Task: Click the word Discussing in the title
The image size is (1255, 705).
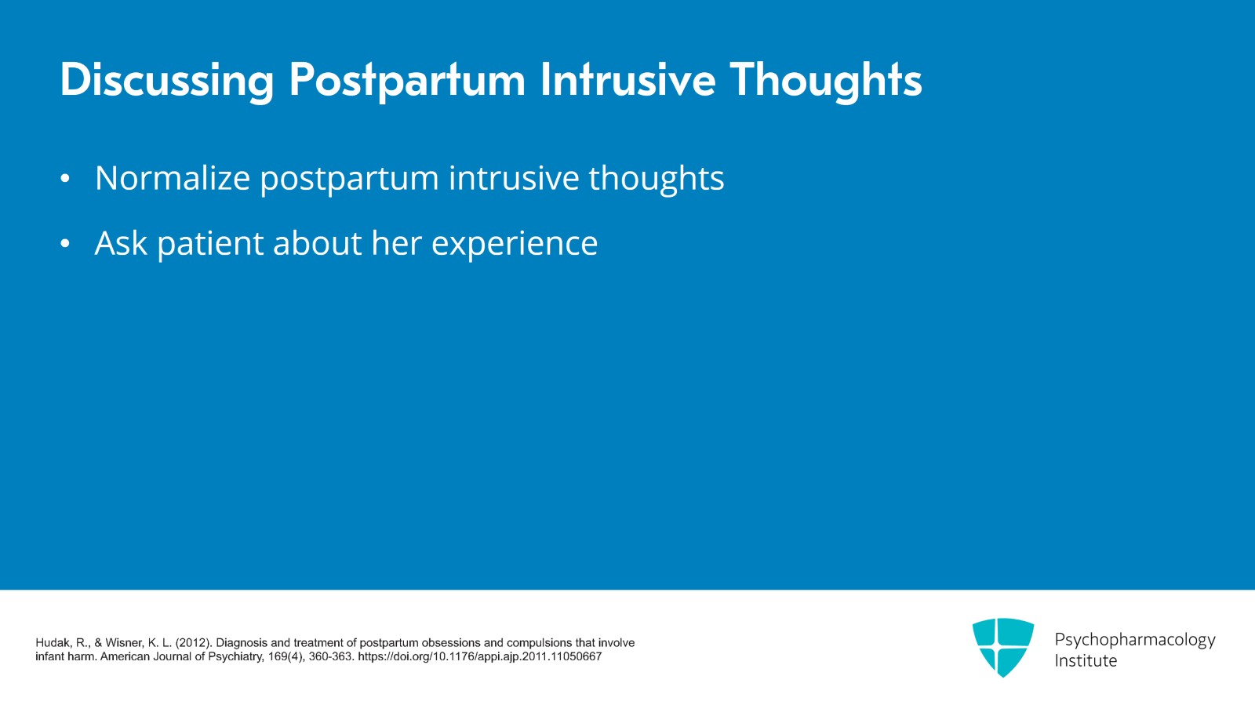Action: coord(167,80)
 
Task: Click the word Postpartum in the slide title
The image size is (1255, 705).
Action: coord(407,80)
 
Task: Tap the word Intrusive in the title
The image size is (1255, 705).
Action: coord(627,80)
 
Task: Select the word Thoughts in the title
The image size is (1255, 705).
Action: coord(825,80)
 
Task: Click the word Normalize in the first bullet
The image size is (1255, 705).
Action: coord(172,178)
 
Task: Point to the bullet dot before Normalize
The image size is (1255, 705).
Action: coord(65,180)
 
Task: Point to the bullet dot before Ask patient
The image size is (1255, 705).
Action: coord(65,245)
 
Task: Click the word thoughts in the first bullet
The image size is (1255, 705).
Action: coord(656,178)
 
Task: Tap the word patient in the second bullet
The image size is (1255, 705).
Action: coord(210,244)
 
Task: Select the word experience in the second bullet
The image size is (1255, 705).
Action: coord(515,244)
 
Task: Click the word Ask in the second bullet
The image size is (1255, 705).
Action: coord(121,243)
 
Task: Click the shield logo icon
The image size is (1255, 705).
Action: coord(1002,646)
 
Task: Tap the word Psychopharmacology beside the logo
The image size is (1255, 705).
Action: coord(1134,640)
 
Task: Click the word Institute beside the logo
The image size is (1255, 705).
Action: coord(1085,661)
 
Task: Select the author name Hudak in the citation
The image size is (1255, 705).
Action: coord(52,643)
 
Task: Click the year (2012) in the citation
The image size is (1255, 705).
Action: coord(193,643)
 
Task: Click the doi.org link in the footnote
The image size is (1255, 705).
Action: coord(479,657)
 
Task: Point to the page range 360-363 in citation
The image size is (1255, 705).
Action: coord(330,657)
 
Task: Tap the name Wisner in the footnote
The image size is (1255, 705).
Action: coord(125,643)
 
